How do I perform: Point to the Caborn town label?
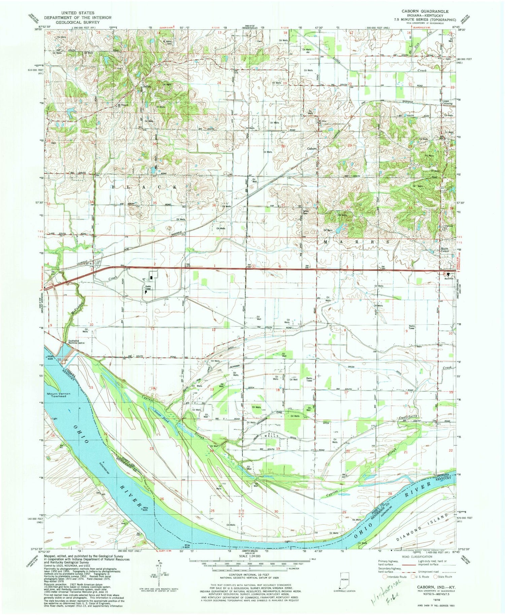click(312, 148)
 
